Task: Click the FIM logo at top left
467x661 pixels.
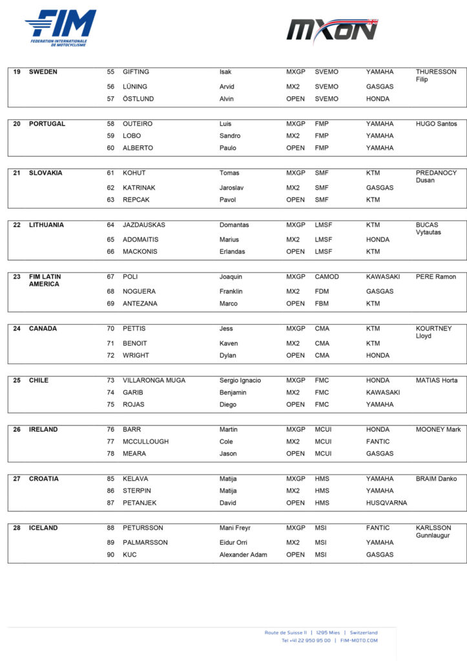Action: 61,28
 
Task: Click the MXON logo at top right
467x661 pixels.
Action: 332,31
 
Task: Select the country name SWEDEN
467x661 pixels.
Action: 43,72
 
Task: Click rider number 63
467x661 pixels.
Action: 110,200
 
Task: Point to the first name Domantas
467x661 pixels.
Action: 234,225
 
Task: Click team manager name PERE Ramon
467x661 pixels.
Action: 435,277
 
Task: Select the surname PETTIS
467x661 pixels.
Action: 136,329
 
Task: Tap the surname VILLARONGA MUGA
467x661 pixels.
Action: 154,380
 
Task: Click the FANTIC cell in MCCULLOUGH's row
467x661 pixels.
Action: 378,442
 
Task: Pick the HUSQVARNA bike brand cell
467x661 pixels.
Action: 386,503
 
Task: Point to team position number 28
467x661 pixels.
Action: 17,528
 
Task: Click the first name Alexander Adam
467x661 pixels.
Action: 243,554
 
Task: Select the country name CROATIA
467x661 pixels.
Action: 44,479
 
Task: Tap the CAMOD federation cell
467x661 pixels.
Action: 327,277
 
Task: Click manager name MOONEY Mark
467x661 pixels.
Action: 438,429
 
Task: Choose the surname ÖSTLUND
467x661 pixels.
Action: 138,99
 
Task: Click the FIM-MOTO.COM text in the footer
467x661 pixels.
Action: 359,640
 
